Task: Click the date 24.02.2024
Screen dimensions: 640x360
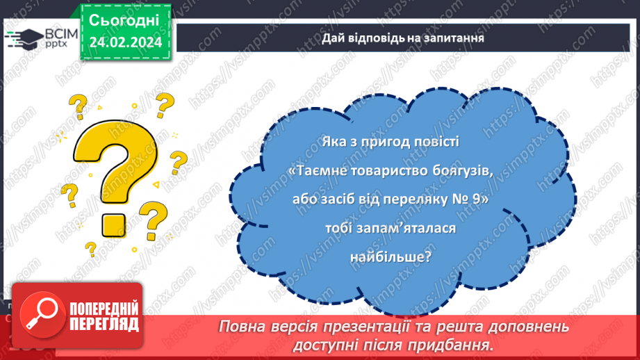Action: click(126, 42)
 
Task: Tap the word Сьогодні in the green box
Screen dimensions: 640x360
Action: click(124, 20)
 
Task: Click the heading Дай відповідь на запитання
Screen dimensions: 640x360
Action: click(403, 38)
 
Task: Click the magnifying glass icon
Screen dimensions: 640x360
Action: click(42, 315)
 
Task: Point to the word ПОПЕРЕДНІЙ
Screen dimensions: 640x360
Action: click(104, 309)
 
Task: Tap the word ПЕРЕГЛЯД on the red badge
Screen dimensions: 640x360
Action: click(104, 325)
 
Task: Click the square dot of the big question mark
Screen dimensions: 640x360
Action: click(113, 225)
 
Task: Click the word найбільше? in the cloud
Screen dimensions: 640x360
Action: click(391, 257)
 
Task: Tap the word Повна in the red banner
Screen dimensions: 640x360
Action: click(238, 327)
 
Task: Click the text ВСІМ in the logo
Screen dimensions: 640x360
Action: click(60, 34)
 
